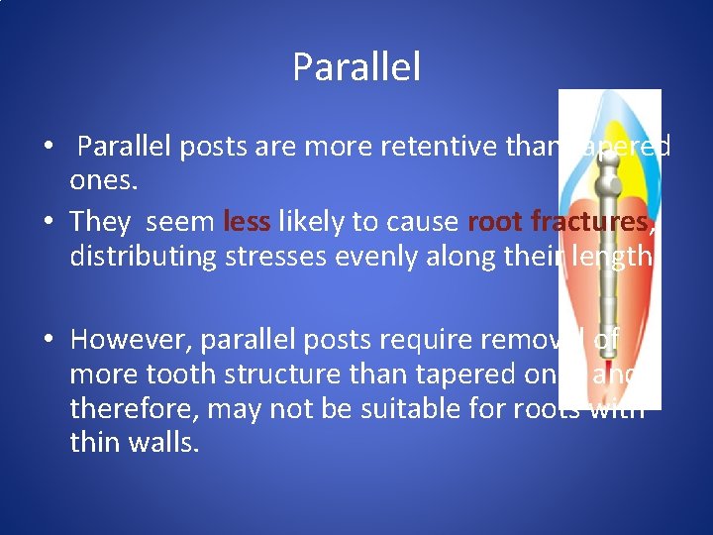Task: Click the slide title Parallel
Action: tap(356, 67)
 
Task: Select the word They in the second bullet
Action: tap(100, 221)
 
